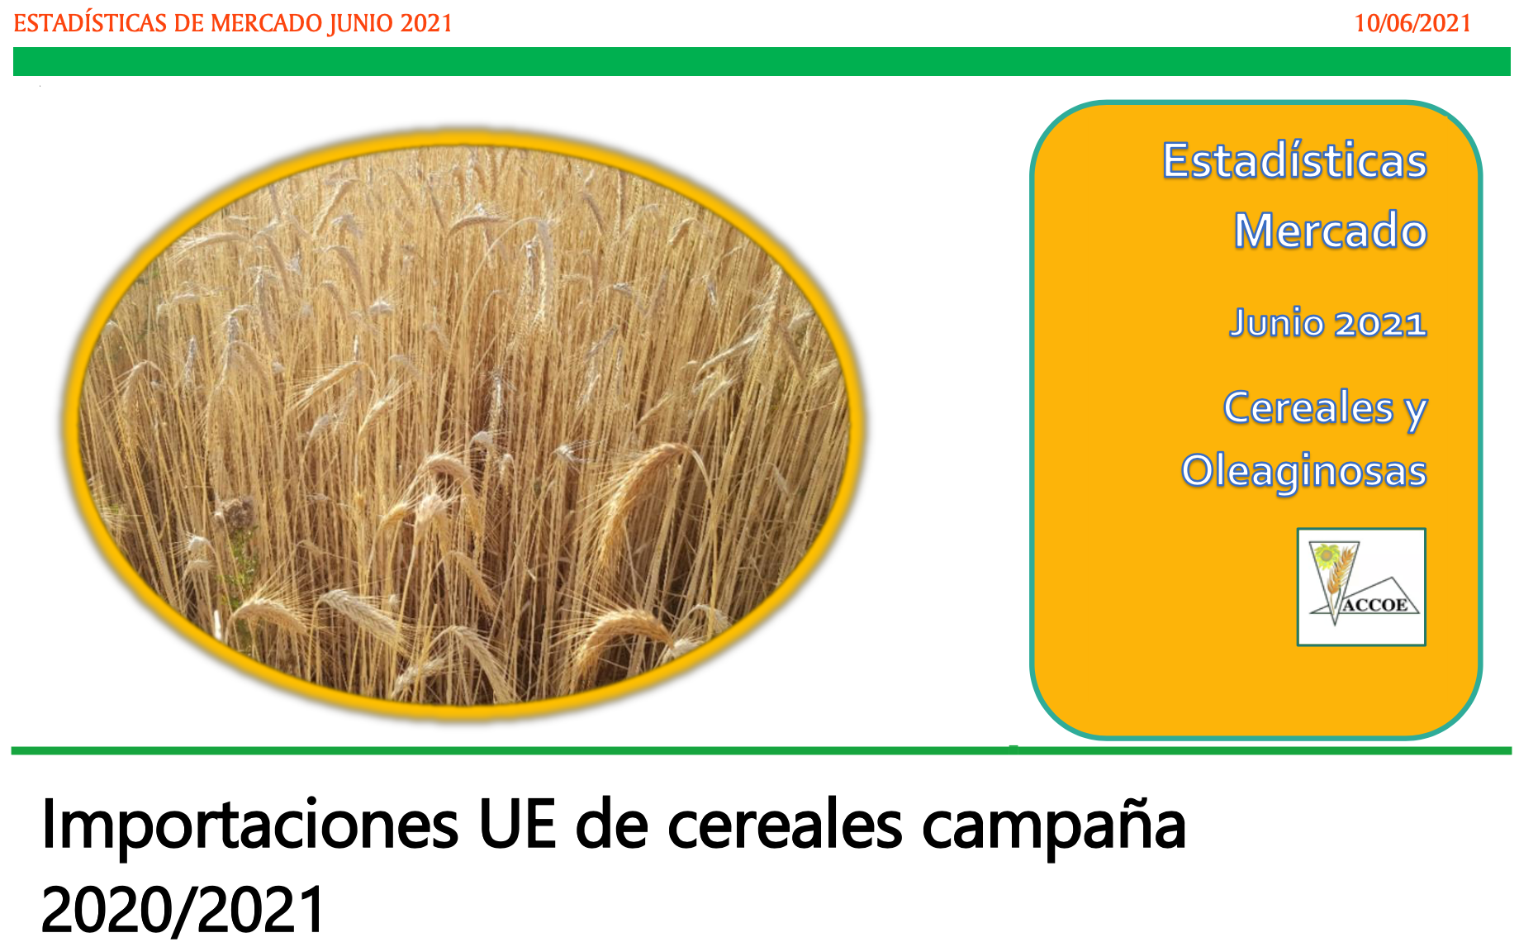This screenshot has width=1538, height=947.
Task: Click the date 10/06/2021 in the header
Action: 1412,23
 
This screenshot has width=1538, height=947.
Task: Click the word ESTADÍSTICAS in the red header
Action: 91,22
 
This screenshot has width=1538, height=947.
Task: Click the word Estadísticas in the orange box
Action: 1294,160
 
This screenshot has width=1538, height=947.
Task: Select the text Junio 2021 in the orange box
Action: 1327,322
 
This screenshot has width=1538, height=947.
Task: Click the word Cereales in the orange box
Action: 1308,407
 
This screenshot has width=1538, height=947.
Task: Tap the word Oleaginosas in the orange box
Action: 1303,471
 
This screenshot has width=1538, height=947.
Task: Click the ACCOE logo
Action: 1361,587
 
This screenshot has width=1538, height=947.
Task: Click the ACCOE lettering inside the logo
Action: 1375,605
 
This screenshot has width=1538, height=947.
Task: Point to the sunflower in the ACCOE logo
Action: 1327,556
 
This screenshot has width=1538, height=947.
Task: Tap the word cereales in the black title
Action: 785,824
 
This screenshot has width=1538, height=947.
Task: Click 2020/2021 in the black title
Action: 183,910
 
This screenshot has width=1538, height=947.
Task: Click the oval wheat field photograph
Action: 464,424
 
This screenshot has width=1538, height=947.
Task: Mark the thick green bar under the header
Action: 762,62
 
